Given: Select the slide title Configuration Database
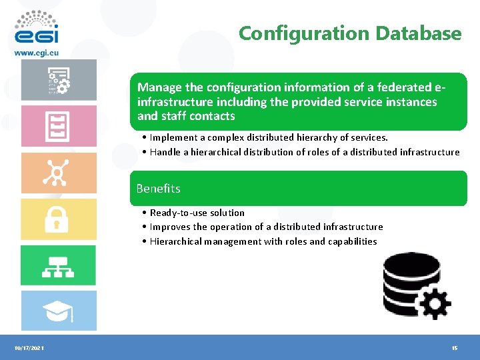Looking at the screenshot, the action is click(350, 33).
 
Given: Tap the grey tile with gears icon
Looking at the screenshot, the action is click(58, 80).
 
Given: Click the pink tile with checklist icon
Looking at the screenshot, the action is click(58, 126).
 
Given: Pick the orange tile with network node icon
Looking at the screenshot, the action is click(58, 173).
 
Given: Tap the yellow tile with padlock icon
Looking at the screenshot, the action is click(58, 219).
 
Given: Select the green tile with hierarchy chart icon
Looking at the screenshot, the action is click(58, 265).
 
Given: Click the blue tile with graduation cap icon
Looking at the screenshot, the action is click(58, 311).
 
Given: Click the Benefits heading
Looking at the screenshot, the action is click(158, 189).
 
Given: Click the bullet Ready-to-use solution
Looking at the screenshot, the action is click(197, 213).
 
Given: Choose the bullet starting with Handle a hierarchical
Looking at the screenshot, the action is click(304, 152).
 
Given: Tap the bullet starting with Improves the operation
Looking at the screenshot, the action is click(266, 227).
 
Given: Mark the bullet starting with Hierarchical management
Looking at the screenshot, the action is click(263, 241).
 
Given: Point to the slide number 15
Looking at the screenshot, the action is click(454, 349).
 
